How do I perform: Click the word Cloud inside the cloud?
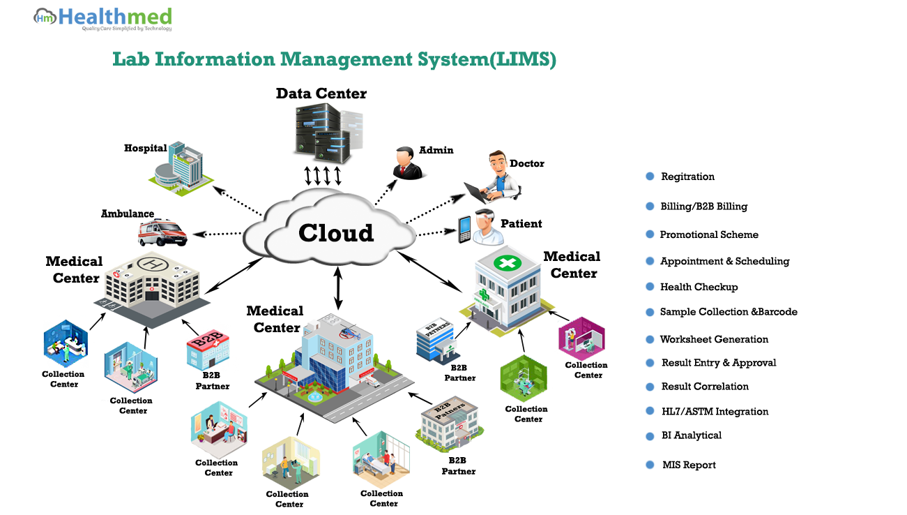coord(336,232)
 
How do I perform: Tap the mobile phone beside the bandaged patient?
coord(464,230)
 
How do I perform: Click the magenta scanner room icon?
coord(582,339)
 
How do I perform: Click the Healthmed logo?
coord(102,20)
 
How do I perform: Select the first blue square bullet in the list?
coord(650,177)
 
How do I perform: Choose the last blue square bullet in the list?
coord(650,465)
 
